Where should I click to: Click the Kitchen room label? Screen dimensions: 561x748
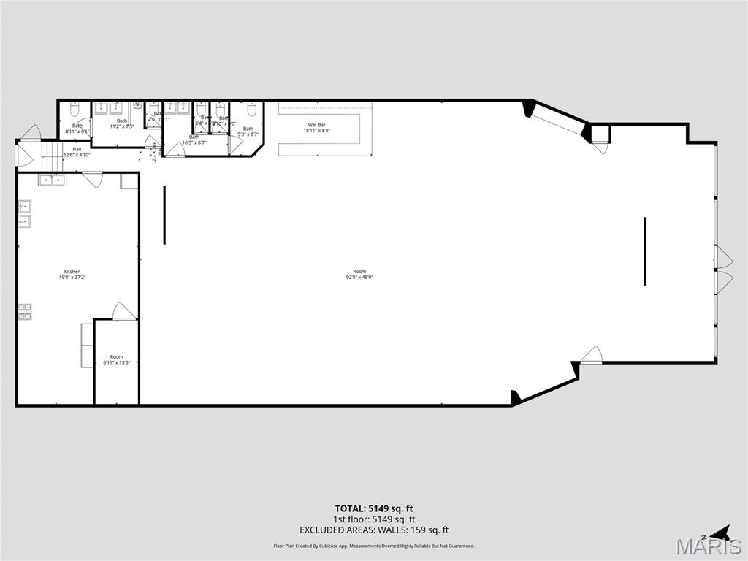pos(72,272)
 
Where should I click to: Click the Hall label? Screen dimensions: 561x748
pos(77,149)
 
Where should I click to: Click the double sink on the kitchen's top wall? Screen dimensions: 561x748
pos(51,179)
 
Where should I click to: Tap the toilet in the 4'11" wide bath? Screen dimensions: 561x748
pos(75,111)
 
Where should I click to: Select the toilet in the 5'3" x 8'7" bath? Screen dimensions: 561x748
pos(251,112)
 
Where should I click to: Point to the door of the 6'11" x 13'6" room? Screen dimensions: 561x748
pos(123,311)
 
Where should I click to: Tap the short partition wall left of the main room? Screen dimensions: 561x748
pos(164,215)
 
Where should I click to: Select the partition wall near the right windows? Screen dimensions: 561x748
pos(645,251)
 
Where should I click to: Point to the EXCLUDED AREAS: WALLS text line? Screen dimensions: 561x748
pos(374,530)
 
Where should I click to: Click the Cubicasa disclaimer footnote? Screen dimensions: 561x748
pos(374,546)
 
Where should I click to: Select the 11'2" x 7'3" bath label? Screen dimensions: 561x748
pos(121,123)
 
